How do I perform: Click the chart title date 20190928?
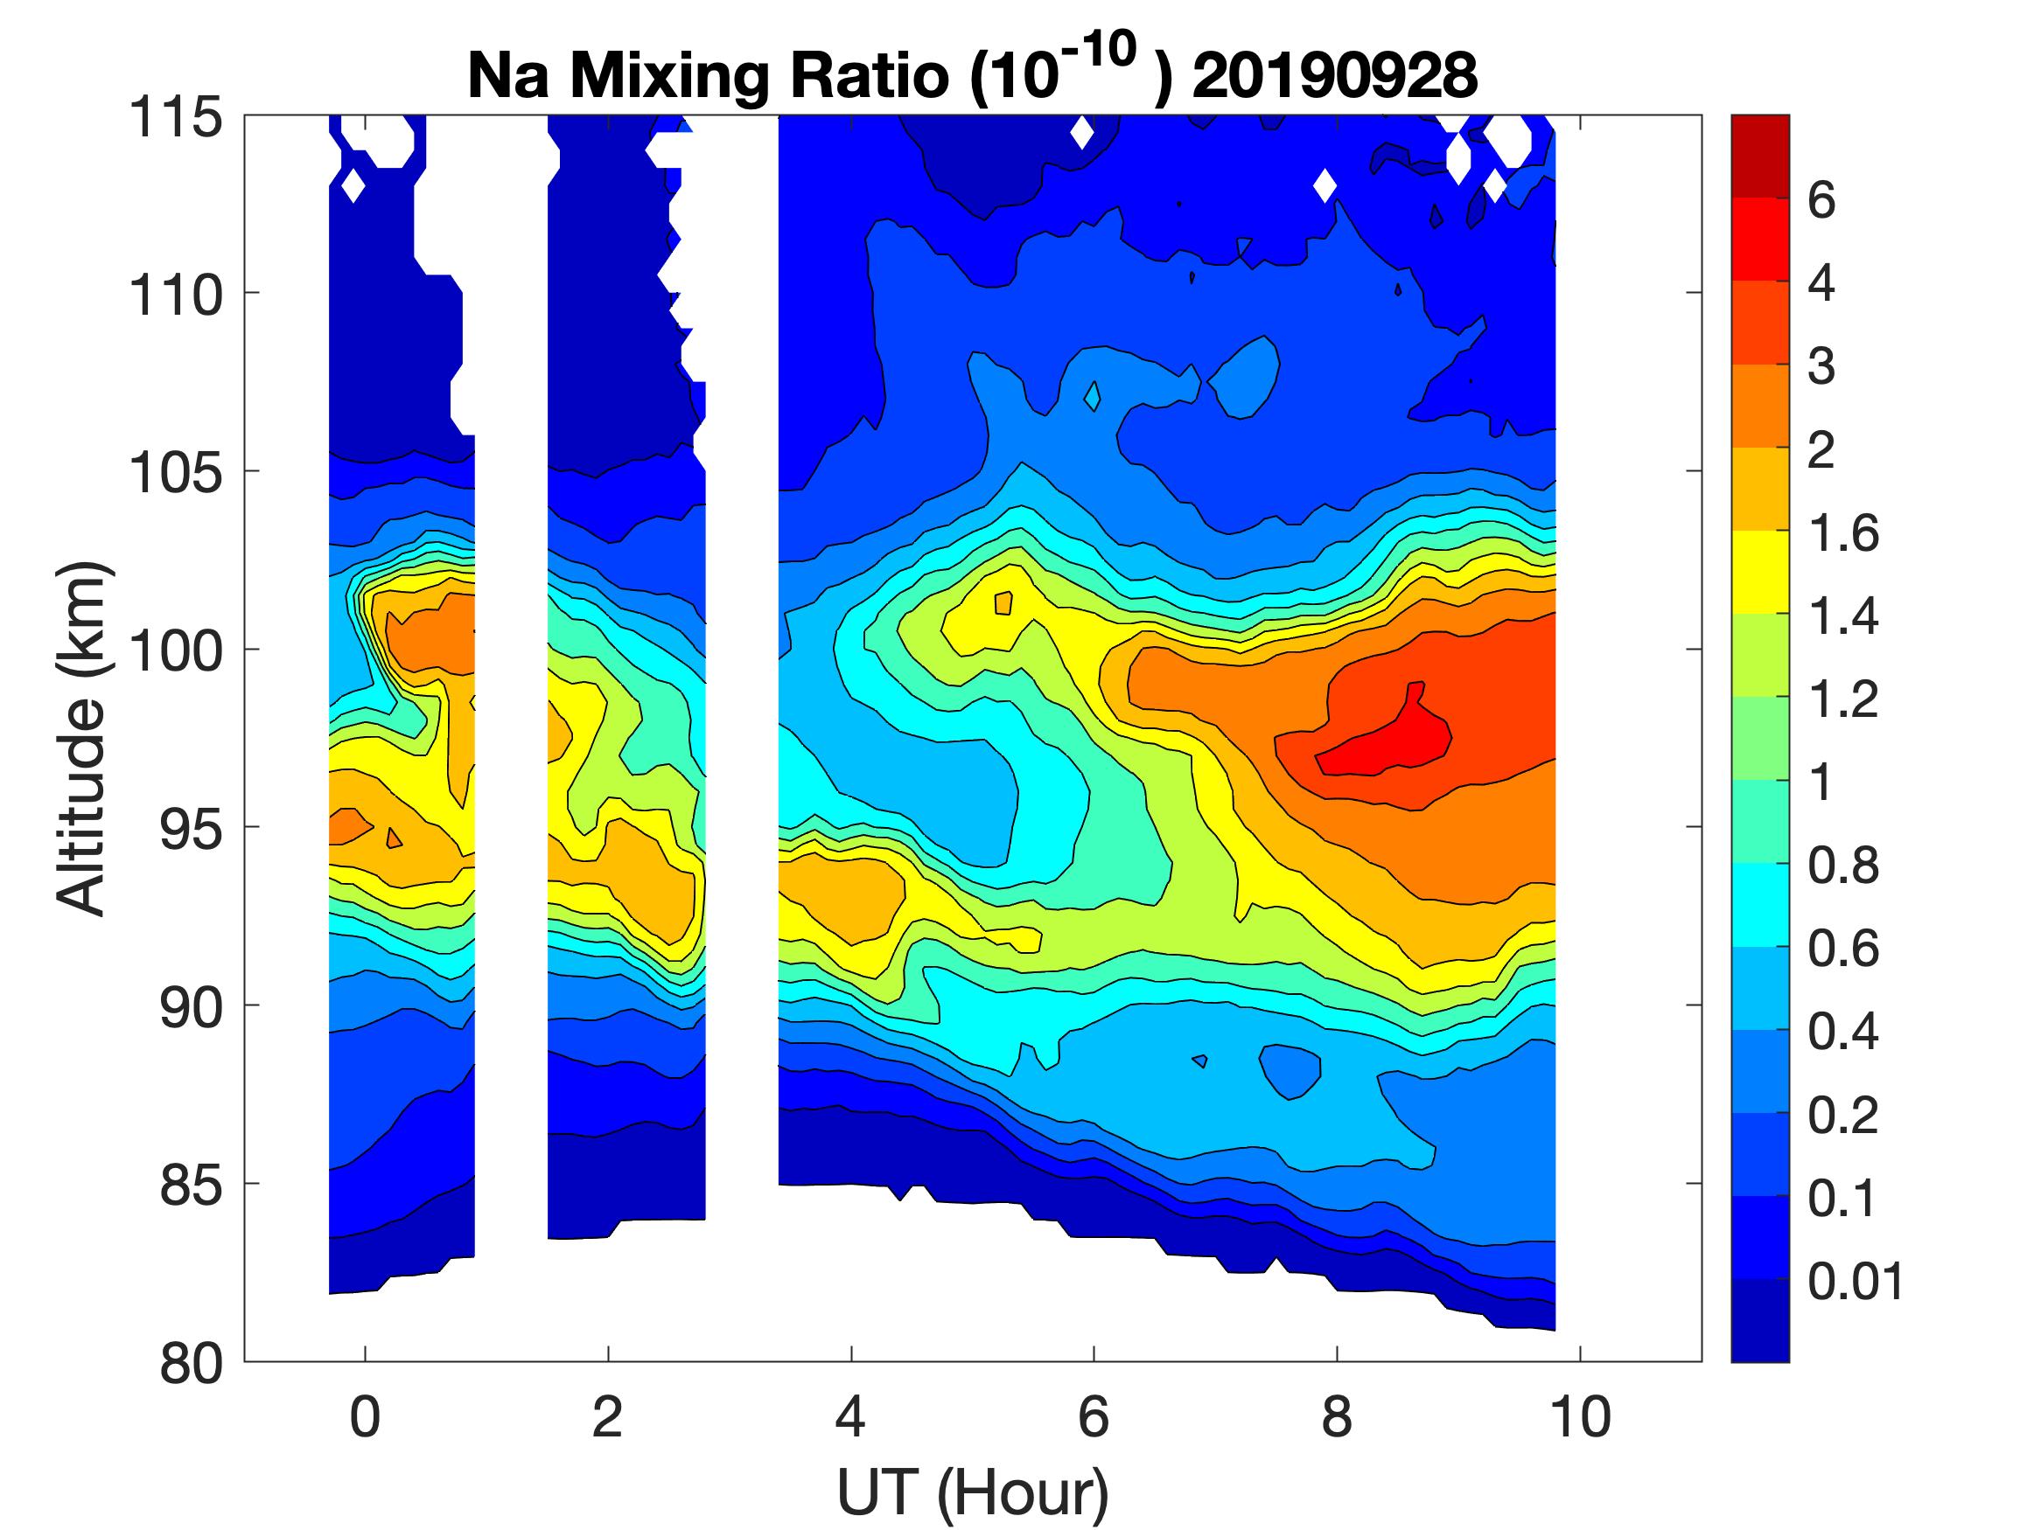(x=1334, y=74)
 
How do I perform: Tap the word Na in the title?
(x=507, y=74)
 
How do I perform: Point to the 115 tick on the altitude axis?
(x=175, y=118)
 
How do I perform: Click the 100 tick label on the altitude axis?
(x=175, y=651)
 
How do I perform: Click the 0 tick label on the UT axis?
(x=366, y=1416)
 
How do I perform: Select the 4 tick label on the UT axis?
(x=850, y=1416)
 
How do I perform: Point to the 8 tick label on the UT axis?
(x=1337, y=1416)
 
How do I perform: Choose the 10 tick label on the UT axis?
(x=1581, y=1416)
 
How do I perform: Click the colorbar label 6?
(x=1821, y=200)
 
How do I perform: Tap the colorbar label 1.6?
(x=1842, y=533)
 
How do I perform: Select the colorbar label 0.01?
(x=1856, y=1281)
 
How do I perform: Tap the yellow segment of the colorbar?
(x=1759, y=572)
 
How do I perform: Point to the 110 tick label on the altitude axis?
(x=175, y=296)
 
